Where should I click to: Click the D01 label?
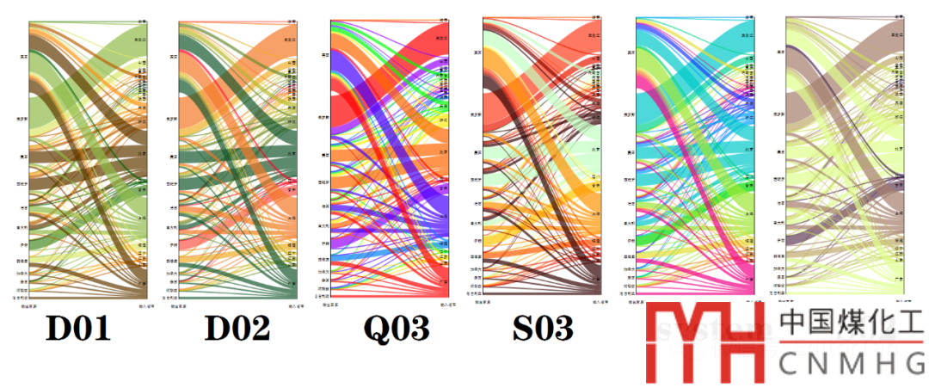(78, 329)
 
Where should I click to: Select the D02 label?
(237, 329)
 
